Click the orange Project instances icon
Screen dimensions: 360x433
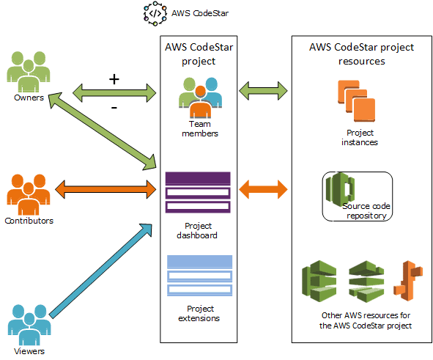359,103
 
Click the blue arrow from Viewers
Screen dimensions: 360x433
103,271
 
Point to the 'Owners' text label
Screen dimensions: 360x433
28,97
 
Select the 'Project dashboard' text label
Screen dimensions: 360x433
198,231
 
